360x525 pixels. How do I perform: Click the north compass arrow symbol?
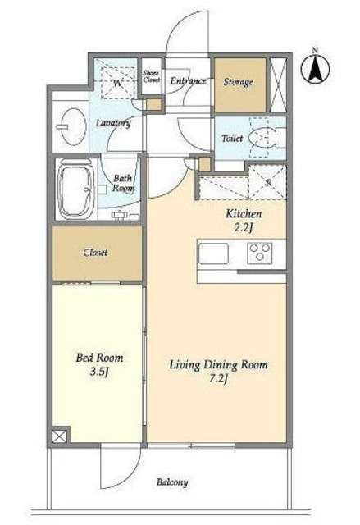click(315, 69)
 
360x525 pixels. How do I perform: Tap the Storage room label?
click(238, 82)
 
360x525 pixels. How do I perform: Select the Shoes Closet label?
click(152, 76)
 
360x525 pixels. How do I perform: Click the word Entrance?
click(188, 80)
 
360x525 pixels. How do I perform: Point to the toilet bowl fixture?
click(264, 138)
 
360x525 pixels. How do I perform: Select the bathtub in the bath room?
click(75, 189)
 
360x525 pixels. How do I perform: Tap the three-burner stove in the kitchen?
click(260, 253)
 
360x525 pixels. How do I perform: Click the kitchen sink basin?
click(213, 253)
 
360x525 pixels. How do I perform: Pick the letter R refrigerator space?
click(268, 183)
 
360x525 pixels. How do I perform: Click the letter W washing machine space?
click(118, 82)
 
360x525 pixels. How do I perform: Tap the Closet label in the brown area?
click(96, 253)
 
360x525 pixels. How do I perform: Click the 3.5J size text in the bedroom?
click(99, 372)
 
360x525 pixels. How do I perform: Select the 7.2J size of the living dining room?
click(218, 379)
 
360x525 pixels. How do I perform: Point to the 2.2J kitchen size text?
click(244, 228)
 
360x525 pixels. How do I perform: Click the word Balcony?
click(172, 482)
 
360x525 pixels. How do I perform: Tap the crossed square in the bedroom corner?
click(59, 436)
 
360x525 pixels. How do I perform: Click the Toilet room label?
click(232, 138)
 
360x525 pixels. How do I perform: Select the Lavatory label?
click(113, 123)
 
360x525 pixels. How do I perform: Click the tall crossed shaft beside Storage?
click(278, 85)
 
